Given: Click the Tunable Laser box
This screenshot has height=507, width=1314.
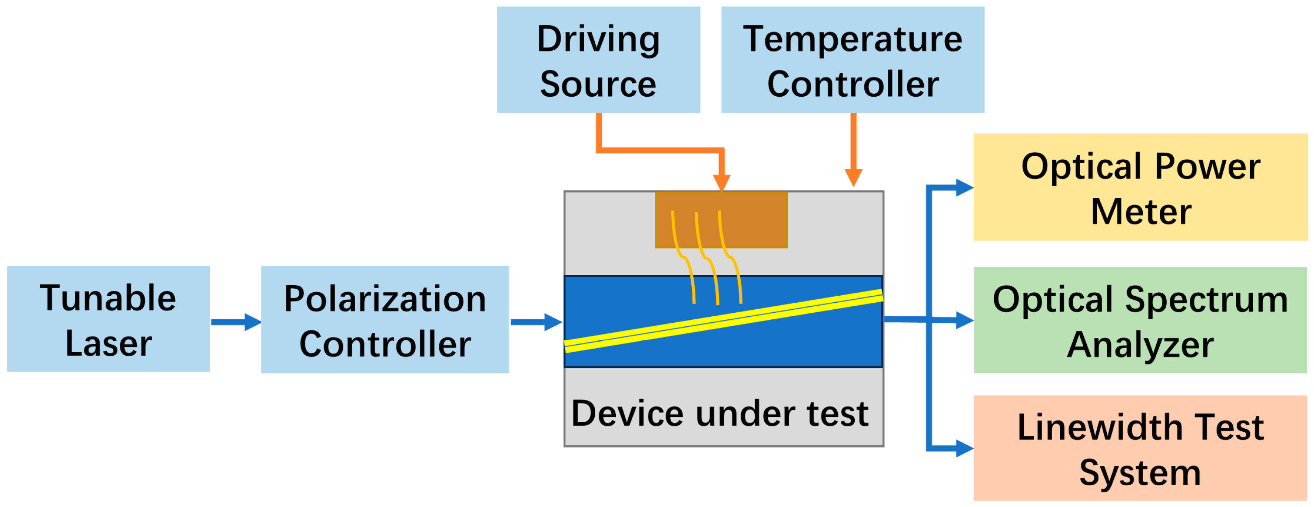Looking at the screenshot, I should [x=108, y=319].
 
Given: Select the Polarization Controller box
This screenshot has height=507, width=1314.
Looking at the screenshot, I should [x=385, y=320].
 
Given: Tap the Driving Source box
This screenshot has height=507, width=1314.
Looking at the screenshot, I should [x=598, y=60].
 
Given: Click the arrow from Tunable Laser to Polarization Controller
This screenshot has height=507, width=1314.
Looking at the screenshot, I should [x=236, y=322].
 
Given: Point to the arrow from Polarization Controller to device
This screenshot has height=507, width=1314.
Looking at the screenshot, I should [x=536, y=322].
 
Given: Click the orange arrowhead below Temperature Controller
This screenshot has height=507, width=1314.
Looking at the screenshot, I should [x=853, y=178].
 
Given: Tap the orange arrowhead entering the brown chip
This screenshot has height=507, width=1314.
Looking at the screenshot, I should [x=722, y=182].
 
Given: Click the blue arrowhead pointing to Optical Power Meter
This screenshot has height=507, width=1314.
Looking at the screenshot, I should [x=964, y=187].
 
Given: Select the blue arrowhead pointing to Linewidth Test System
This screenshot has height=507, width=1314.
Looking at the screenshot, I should [x=964, y=449].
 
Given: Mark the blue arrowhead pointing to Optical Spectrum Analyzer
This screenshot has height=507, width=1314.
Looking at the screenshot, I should [x=964, y=321].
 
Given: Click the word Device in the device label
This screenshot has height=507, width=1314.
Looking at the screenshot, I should [x=627, y=413].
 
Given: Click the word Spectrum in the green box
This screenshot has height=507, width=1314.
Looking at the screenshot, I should [x=1206, y=300].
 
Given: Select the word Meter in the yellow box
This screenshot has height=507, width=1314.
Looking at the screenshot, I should [x=1141, y=211].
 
